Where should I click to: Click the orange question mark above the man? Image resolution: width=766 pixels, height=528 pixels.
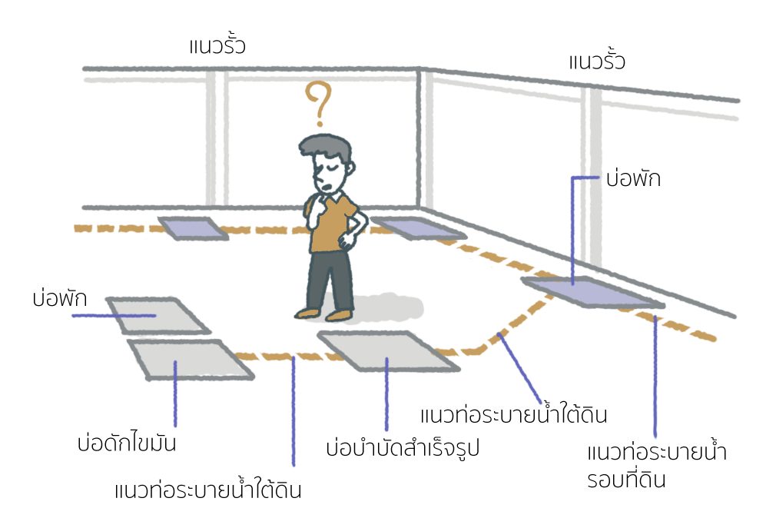coord(319,101)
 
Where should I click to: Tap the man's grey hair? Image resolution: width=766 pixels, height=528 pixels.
coord(325,148)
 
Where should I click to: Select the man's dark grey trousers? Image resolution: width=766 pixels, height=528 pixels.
coord(330,280)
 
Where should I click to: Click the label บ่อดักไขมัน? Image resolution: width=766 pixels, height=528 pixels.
coord(127,443)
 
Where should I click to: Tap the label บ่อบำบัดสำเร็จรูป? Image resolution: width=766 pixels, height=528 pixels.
coord(403,447)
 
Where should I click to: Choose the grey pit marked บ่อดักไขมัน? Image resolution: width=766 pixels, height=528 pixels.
coord(191,360)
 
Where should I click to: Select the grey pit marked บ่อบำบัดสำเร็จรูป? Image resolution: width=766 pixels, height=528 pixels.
coord(388,350)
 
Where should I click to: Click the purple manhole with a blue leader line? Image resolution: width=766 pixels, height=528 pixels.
coord(592,292)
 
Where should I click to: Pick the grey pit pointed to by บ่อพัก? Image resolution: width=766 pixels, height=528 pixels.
coord(158,315)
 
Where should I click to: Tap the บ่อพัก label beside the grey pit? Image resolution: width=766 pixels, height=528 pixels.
coord(60,297)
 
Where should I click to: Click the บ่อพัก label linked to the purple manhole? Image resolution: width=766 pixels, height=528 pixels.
coord(633,178)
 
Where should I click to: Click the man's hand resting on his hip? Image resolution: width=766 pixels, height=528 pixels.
coord(348,240)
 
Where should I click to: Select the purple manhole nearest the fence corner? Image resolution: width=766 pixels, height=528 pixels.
coord(419,227)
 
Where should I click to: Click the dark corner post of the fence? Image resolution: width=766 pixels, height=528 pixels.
coord(419,138)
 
